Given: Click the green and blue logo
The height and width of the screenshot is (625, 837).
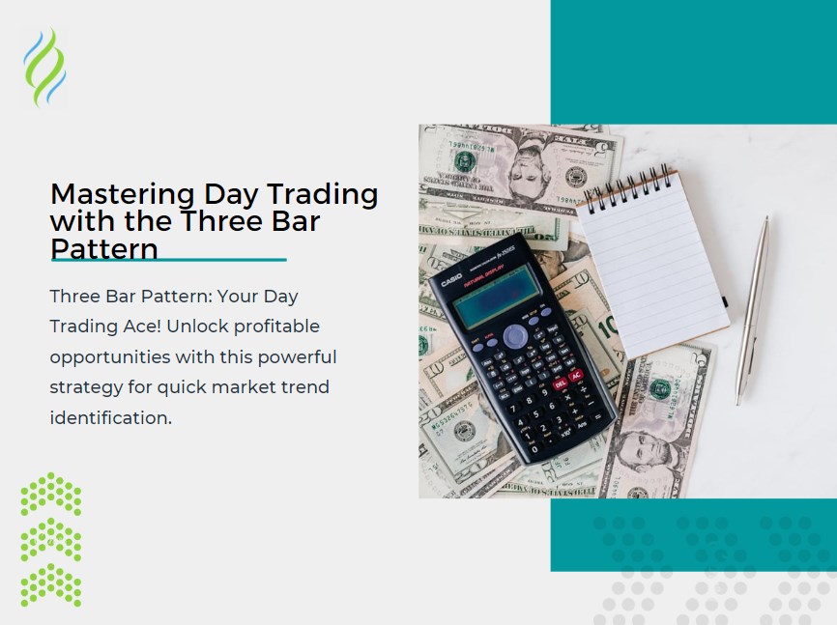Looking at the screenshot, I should [44, 67].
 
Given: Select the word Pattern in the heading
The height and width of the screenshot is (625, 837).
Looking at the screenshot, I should [103, 249].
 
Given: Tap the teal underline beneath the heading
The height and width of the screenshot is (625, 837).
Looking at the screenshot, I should [168, 260].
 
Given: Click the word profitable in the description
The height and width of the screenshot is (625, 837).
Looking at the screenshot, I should [274, 327].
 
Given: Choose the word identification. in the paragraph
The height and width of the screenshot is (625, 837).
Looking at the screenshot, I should [110, 417].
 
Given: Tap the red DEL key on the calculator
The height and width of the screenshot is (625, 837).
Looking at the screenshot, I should [560, 384].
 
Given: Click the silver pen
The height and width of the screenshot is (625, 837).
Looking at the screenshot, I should [752, 309].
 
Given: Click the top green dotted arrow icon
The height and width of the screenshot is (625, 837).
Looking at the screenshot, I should [51, 494].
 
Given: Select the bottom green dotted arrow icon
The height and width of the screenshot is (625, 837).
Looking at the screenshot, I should [51, 584].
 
